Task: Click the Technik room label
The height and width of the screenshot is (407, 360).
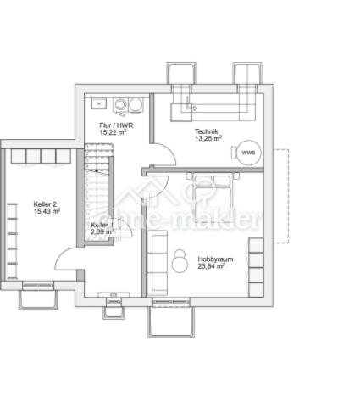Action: [207, 131]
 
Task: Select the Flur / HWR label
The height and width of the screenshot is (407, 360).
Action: [113, 125]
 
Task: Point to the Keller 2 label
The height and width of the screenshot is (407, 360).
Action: [46, 204]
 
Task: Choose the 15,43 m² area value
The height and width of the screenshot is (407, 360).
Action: [47, 212]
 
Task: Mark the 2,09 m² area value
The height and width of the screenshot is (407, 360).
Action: [102, 231]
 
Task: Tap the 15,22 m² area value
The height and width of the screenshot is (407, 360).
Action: [113, 132]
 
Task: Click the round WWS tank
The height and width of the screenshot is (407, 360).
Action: [248, 153]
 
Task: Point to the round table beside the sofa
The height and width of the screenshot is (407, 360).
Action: [180, 261]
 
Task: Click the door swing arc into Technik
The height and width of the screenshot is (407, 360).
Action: [163, 155]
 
